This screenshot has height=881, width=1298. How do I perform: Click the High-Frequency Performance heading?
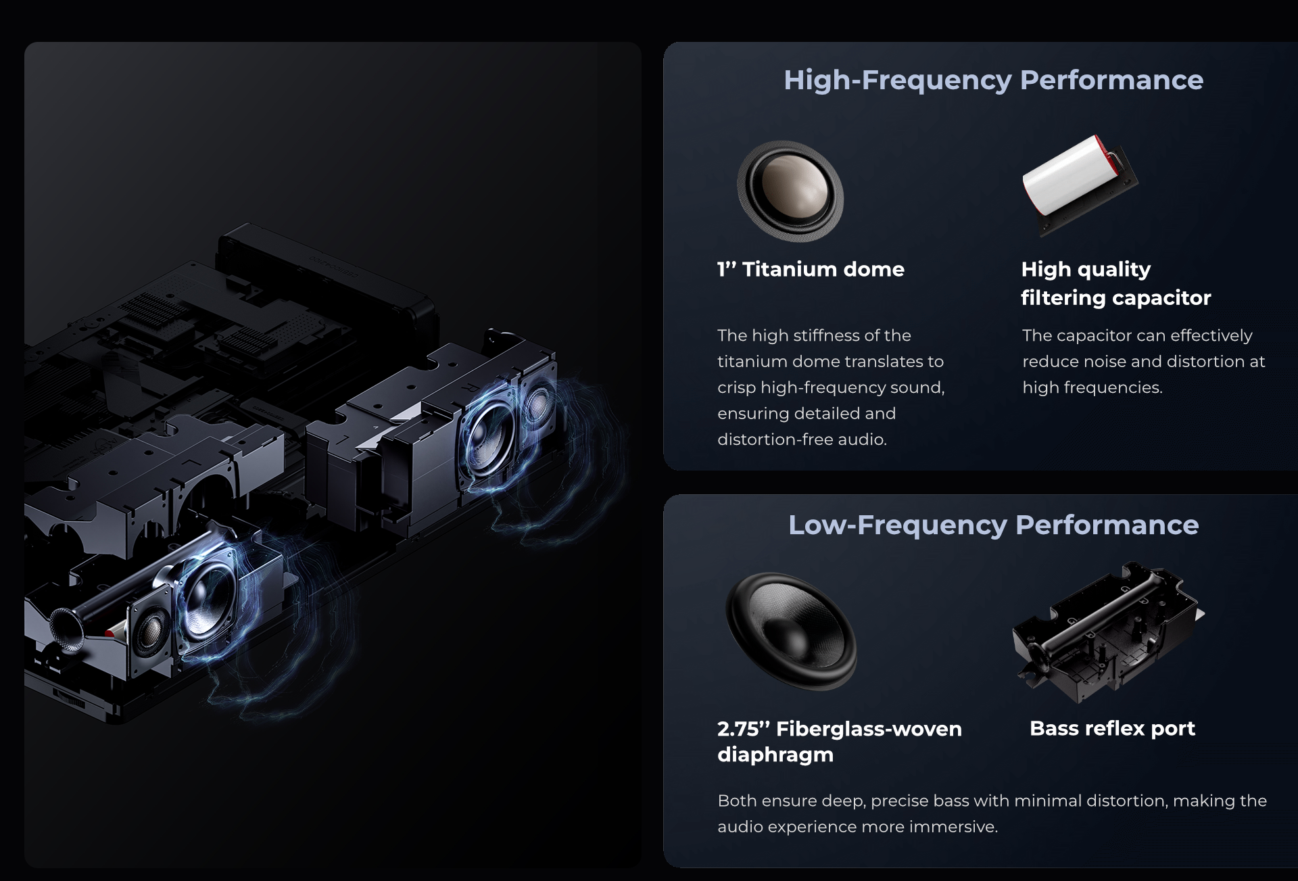click(x=993, y=80)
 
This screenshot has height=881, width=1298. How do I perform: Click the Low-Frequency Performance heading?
click(x=993, y=525)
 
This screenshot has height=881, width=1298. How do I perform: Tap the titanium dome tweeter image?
click(x=790, y=191)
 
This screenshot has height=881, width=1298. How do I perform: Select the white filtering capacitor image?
click(x=1080, y=184)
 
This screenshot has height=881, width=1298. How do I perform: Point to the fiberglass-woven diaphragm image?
click(x=791, y=631)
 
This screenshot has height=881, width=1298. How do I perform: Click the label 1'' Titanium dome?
click(x=811, y=269)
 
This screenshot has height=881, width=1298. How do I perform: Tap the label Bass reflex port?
click(x=1112, y=728)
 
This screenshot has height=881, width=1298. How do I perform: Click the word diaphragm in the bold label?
click(x=775, y=755)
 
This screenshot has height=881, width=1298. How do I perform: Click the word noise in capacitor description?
click(x=1105, y=362)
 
